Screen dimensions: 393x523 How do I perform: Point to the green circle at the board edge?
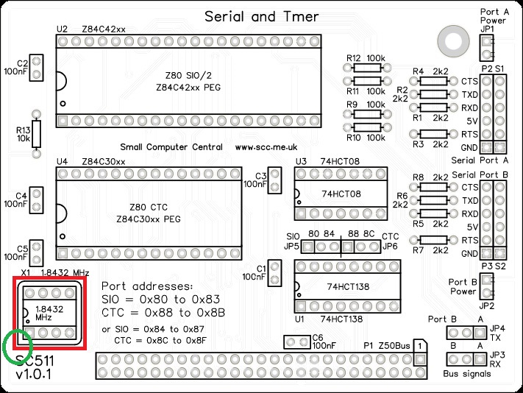[18, 347]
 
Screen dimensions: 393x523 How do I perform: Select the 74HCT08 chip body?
[341, 194]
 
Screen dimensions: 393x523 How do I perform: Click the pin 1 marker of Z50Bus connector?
[418, 344]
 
